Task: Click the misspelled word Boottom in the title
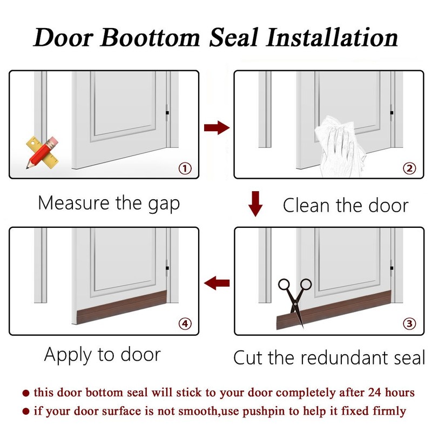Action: (x=150, y=37)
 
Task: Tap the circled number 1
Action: (x=185, y=168)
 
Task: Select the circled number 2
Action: (x=409, y=168)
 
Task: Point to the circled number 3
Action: (x=409, y=323)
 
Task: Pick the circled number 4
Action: (x=185, y=323)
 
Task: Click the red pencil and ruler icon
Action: (x=42, y=152)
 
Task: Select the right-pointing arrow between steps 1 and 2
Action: (x=217, y=127)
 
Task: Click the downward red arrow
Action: (x=255, y=204)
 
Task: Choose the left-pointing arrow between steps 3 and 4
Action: (x=217, y=283)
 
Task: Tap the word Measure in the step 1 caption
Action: (x=74, y=203)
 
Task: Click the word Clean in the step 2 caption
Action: (x=306, y=206)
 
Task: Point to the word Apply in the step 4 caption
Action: (x=68, y=355)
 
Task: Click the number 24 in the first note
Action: (x=375, y=393)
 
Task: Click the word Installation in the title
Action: (x=332, y=37)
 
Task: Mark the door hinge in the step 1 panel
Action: (x=167, y=113)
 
